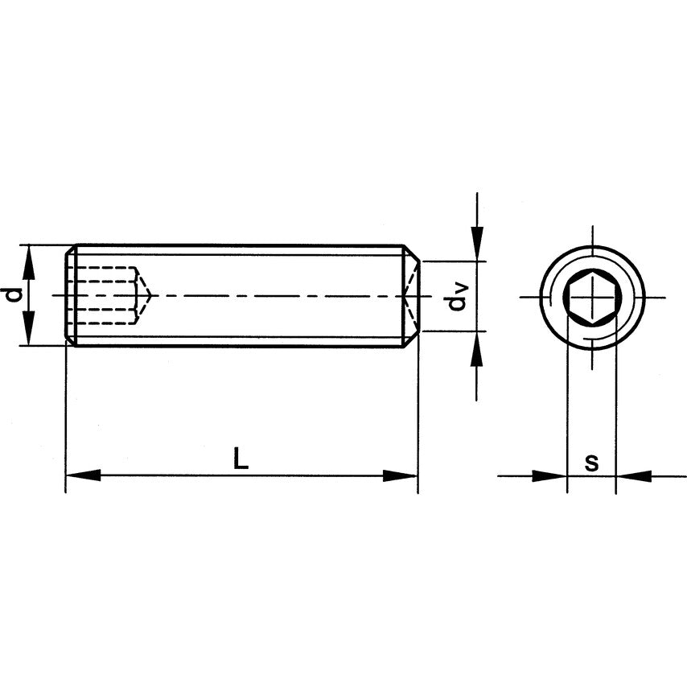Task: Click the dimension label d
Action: tap(12, 295)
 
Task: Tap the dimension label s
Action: tap(591, 463)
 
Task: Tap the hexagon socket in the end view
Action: tap(591, 297)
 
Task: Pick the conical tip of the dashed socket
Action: tap(144, 296)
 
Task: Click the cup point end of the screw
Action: tap(411, 295)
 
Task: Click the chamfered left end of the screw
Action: tap(70, 295)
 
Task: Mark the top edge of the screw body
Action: tap(241, 245)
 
